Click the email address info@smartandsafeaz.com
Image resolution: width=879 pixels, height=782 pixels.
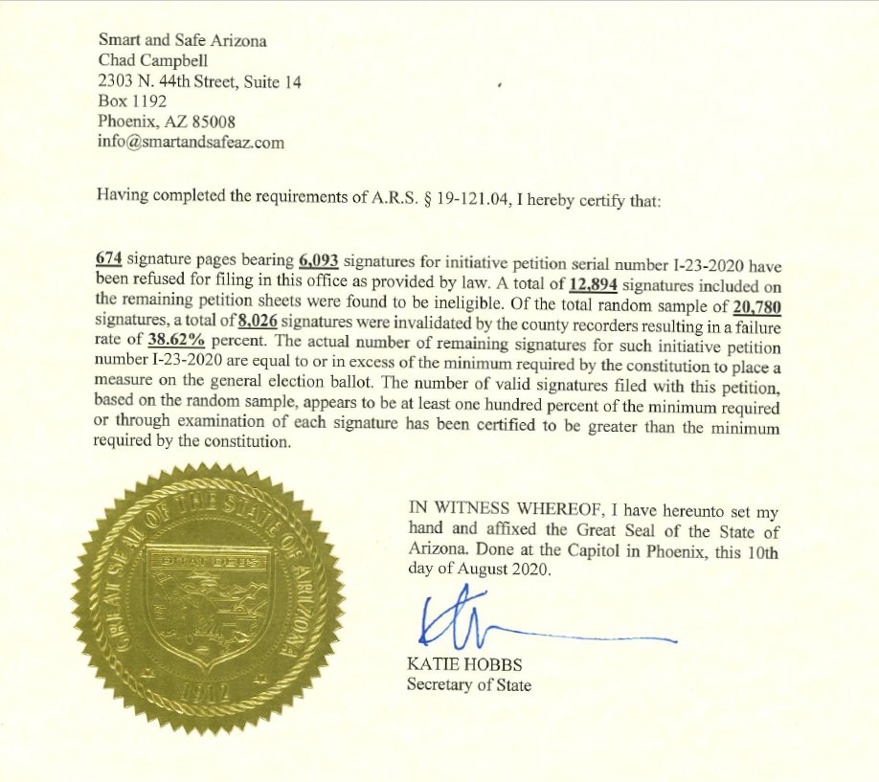coord(192,142)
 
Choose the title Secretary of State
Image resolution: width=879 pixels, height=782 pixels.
coord(468,684)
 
